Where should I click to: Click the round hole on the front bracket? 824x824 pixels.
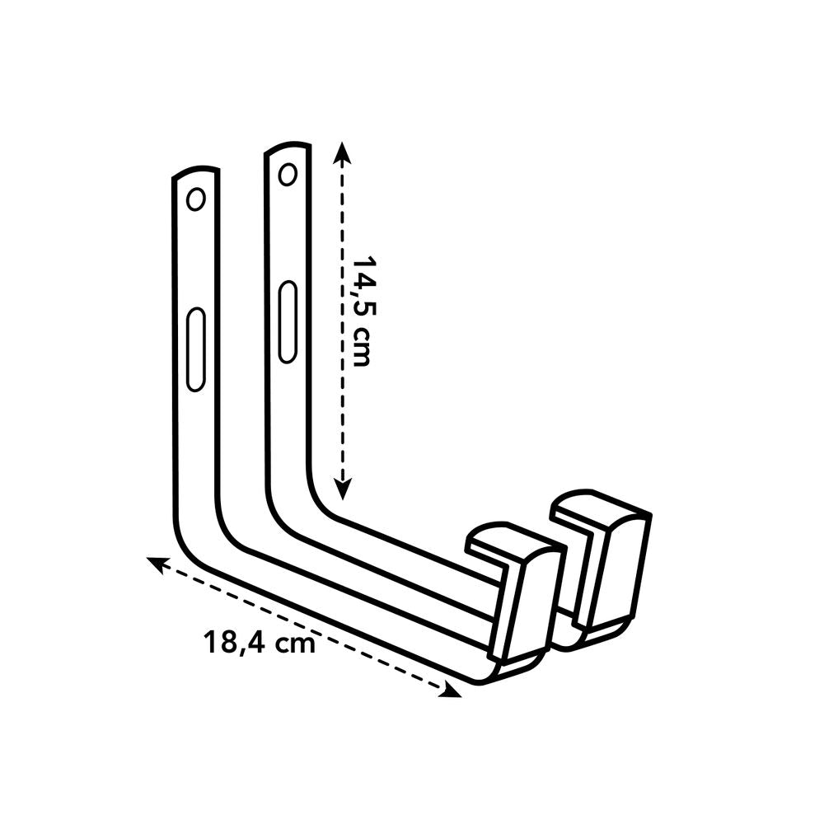click(195, 199)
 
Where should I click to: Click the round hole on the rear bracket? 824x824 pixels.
click(288, 174)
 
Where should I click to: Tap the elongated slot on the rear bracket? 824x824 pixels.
click(287, 321)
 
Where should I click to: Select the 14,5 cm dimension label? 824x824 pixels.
click(363, 309)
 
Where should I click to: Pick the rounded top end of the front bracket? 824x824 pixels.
click(195, 175)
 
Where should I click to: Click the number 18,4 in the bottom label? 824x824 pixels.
click(234, 643)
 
